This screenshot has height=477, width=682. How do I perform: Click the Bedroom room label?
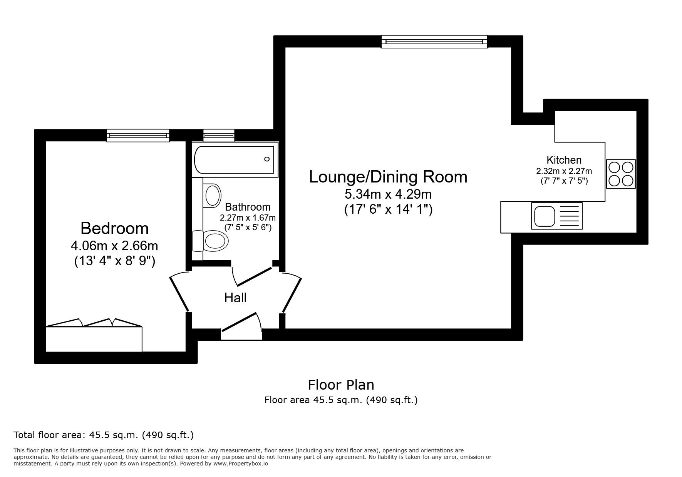pyautogui.click(x=114, y=228)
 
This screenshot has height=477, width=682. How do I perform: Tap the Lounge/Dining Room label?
pyautogui.click(x=388, y=177)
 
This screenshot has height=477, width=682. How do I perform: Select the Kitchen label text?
pyautogui.click(x=564, y=160)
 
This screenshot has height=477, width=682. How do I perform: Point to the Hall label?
pyautogui.click(x=235, y=298)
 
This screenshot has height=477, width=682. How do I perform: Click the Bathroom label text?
pyautogui.click(x=248, y=207)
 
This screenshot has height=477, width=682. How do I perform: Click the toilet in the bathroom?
pyautogui.click(x=211, y=241)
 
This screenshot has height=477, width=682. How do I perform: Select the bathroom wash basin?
pyautogui.click(x=212, y=195)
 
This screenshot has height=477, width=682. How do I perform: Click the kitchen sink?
pyautogui.click(x=556, y=216)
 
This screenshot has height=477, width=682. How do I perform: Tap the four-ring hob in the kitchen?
pyautogui.click(x=621, y=174)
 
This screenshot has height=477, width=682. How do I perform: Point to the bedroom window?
pyautogui.click(x=138, y=136)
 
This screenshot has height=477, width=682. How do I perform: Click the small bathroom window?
pyautogui.click(x=219, y=136)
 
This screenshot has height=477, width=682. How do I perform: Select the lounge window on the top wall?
pyautogui.click(x=434, y=42)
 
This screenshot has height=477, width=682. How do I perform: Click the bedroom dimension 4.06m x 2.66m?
pyautogui.click(x=114, y=245)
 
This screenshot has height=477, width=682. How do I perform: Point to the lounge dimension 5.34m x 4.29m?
pyautogui.click(x=388, y=193)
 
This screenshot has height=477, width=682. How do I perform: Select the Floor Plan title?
pyautogui.click(x=341, y=385)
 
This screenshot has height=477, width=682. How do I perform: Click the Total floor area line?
pyautogui.click(x=104, y=435)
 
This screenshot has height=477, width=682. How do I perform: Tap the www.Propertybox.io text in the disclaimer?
pyautogui.click(x=241, y=464)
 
